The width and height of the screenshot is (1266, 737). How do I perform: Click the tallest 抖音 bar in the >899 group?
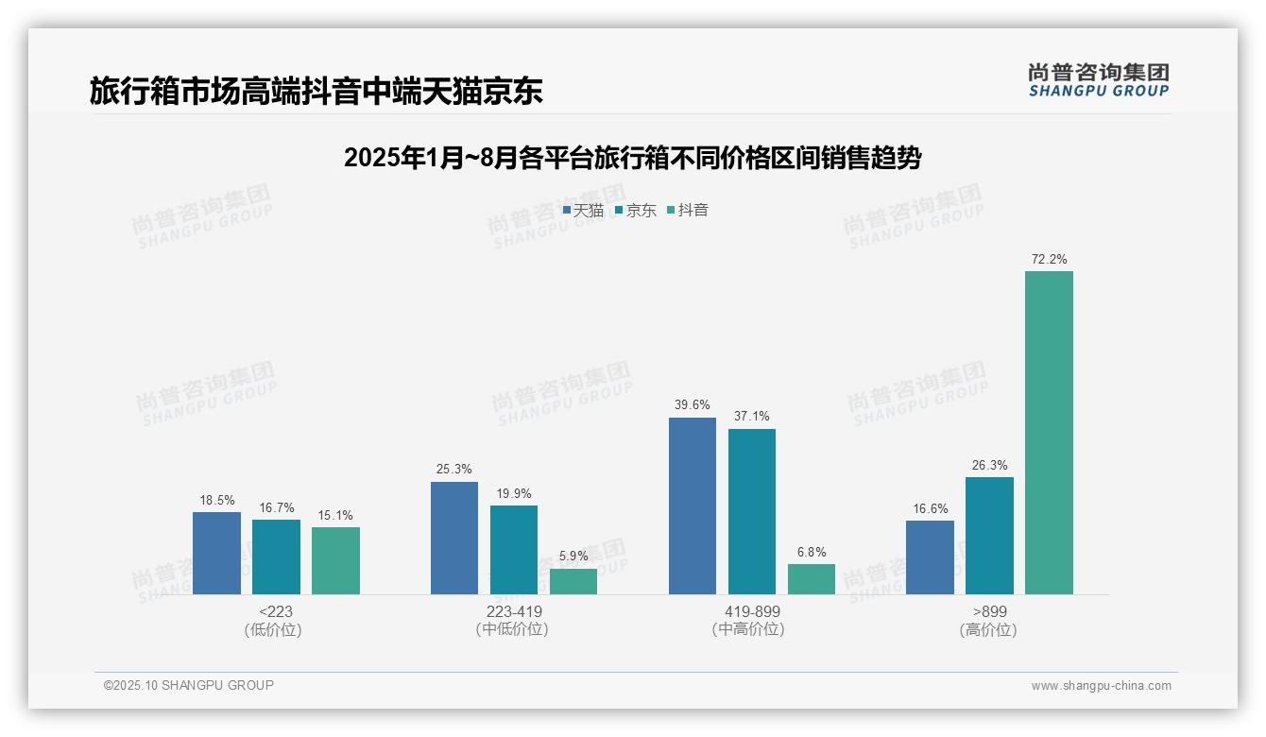pos(1049,433)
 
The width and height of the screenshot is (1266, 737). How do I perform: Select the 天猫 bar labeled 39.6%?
pos(693,506)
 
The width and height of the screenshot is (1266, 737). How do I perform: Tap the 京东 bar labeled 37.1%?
pos(752,511)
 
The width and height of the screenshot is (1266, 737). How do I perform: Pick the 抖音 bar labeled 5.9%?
pos(573,581)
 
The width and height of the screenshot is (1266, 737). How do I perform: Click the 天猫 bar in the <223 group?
pos(216,553)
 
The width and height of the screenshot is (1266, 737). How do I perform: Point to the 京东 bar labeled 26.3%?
pos(989,536)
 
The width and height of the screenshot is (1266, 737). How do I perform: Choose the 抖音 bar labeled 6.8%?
pos(812,579)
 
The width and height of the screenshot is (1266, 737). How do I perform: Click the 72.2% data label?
pos(1049,259)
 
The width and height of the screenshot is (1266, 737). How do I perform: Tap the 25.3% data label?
pos(454,470)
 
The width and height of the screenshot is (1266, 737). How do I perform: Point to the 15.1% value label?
pos(335,516)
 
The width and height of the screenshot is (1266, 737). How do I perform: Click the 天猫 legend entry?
pos(583,211)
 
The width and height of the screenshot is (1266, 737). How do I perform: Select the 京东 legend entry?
pos(635,211)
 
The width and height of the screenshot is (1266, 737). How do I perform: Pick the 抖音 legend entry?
pos(688,211)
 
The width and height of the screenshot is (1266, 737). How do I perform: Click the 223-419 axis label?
pos(514,612)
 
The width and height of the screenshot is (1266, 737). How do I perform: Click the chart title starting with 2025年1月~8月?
pos(632,158)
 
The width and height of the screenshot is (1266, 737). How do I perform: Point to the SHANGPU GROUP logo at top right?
pos(1098,80)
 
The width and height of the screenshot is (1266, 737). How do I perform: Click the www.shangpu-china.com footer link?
pos(1101,686)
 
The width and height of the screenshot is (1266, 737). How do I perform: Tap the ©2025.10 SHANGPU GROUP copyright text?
pos(189,686)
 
